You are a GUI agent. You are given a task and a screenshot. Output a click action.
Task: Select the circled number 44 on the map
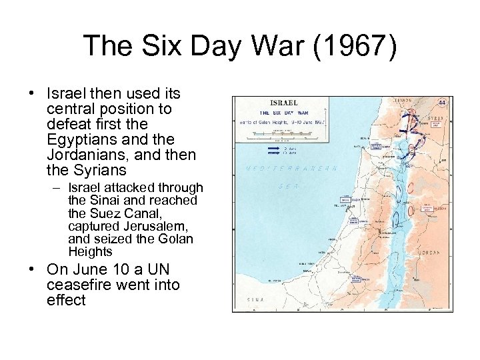click(442, 103)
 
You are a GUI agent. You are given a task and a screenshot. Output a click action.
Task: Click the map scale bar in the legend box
click(287, 133)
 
